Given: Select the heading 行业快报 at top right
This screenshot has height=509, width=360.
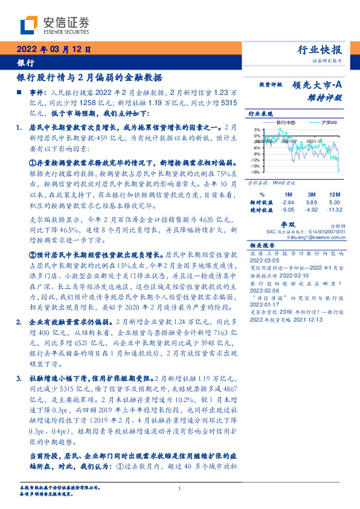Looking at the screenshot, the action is pyautogui.click(x=321, y=50).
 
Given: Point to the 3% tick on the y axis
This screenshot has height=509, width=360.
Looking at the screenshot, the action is pyautogui.click(x=257, y=129).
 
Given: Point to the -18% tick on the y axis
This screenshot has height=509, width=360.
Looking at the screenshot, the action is pyautogui.click(x=256, y=172).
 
